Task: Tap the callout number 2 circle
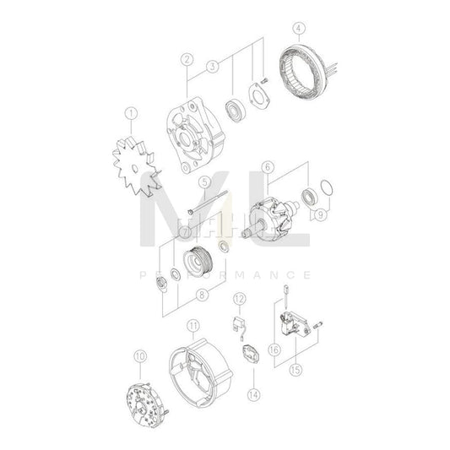[187, 60]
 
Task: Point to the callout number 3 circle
[213, 64]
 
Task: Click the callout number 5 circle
[203, 181]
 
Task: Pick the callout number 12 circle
[239, 298]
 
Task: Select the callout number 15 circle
[295, 367]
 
